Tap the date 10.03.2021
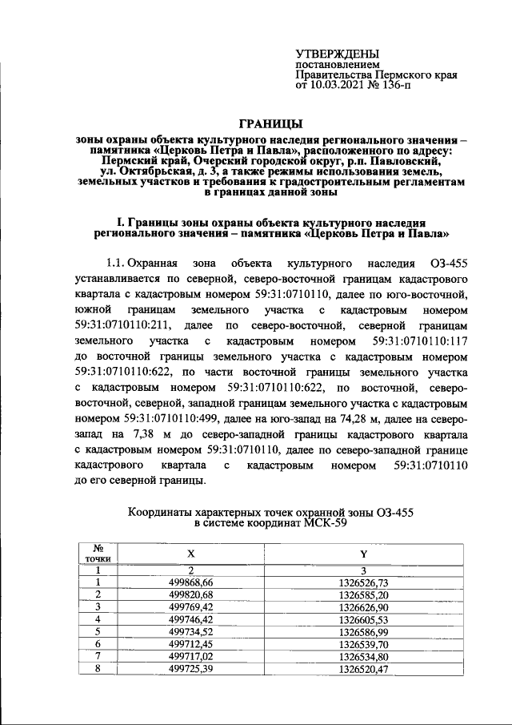pos(336,84)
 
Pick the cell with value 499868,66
pos(190,582)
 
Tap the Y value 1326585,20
pos(363,594)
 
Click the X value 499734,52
pos(190,631)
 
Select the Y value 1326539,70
pos(363,643)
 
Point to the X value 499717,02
pos(190,655)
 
